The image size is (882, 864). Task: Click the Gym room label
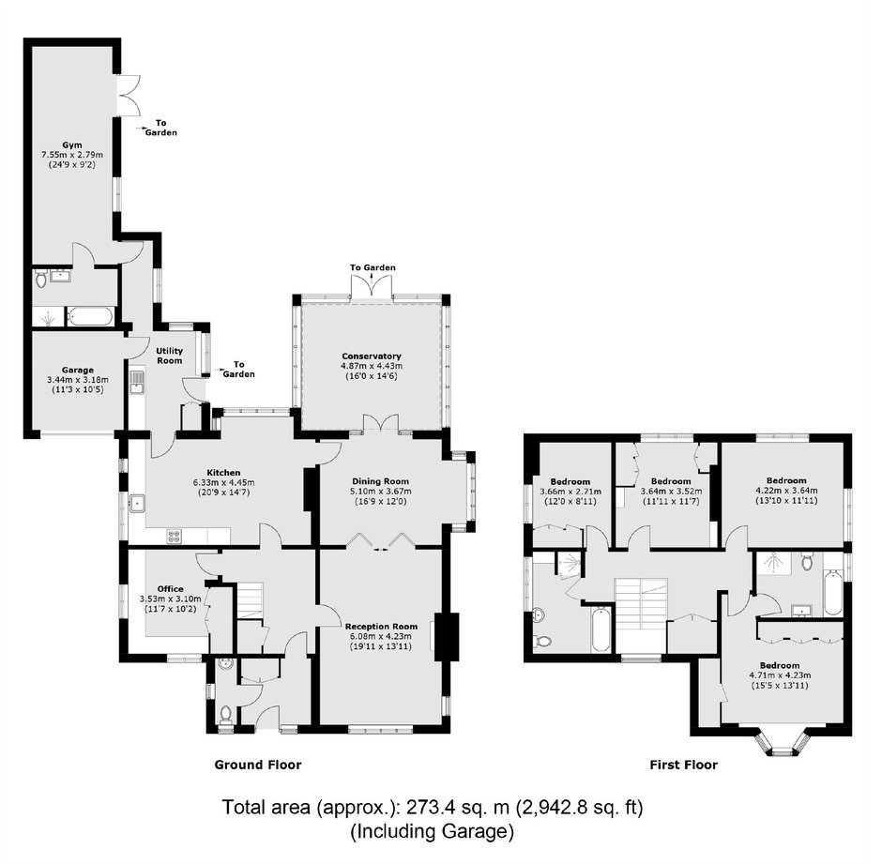[71, 144]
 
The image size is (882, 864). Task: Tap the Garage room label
[78, 371]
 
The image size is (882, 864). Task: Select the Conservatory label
[372, 356]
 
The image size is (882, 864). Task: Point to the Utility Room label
[169, 356]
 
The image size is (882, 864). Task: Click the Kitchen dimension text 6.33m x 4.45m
[224, 482]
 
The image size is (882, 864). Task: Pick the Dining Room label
[380, 481]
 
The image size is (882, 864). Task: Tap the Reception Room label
[381, 626]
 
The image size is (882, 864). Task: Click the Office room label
[171, 589]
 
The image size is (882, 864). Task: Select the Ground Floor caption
[258, 765]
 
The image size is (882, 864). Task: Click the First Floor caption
[683, 765]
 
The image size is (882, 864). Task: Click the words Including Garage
[432, 831]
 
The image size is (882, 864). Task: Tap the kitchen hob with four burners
[174, 537]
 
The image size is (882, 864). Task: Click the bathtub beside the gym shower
[91, 317]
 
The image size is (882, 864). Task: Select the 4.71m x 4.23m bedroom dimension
[780, 675]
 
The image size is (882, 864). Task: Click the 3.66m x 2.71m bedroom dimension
[570, 492]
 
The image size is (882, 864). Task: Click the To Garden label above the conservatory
[373, 267]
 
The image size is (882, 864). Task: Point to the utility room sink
[136, 382]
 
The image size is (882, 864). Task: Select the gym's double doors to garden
[129, 96]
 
